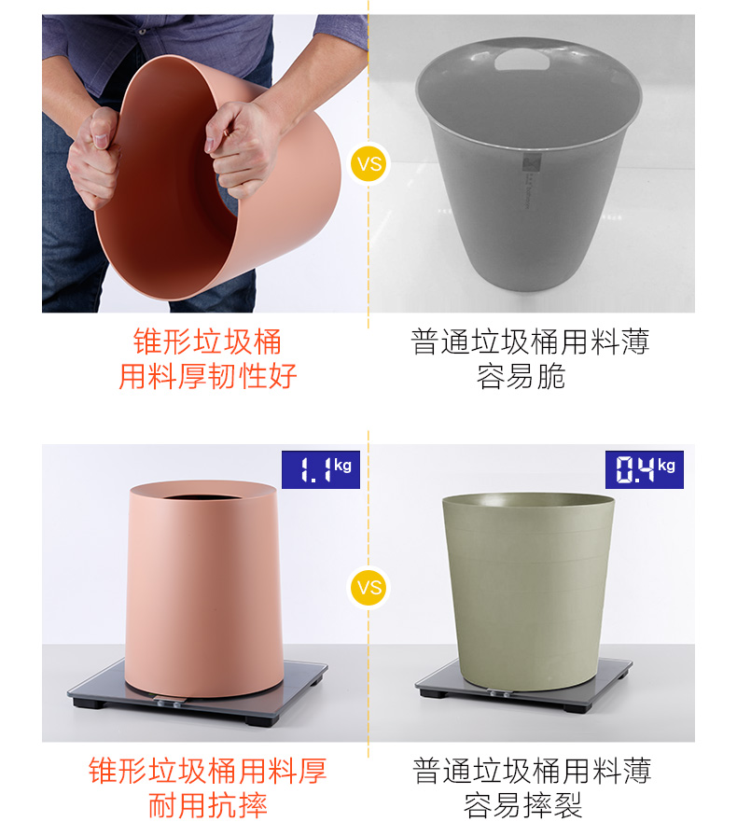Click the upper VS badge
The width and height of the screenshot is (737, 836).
(x=368, y=162)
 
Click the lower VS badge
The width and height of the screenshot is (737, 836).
(x=368, y=588)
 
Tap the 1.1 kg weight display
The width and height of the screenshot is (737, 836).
(x=321, y=469)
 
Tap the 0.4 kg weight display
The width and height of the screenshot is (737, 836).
(x=645, y=469)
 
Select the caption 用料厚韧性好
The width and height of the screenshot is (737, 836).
(x=207, y=376)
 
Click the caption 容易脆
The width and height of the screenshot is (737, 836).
(x=521, y=376)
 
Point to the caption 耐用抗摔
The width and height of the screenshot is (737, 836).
(x=207, y=805)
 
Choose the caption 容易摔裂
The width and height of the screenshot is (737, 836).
(x=522, y=805)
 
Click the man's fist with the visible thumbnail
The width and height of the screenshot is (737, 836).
(x=94, y=158)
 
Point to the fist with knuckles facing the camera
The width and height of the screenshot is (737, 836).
(x=240, y=148)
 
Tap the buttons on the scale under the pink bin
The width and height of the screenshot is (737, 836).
(x=170, y=703)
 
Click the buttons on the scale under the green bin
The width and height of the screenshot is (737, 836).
(x=497, y=693)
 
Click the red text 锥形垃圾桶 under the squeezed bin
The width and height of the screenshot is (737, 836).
(x=207, y=341)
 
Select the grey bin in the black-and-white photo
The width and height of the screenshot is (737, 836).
(x=529, y=164)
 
